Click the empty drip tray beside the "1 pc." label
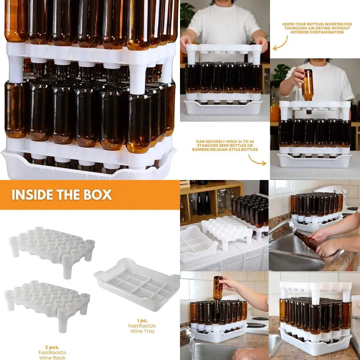pyautogui.click(x=137, y=284)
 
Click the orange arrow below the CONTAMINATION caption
pyautogui.click(x=280, y=43)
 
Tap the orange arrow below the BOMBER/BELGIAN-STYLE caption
pyautogui.click(x=257, y=159)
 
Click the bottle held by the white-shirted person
pyautogui.click(x=307, y=85)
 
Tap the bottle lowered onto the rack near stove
pyautogui.click(x=217, y=288)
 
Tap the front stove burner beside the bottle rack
pyautogui.click(x=256, y=326)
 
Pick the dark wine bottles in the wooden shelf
pyautogui.click(x=203, y=203)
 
